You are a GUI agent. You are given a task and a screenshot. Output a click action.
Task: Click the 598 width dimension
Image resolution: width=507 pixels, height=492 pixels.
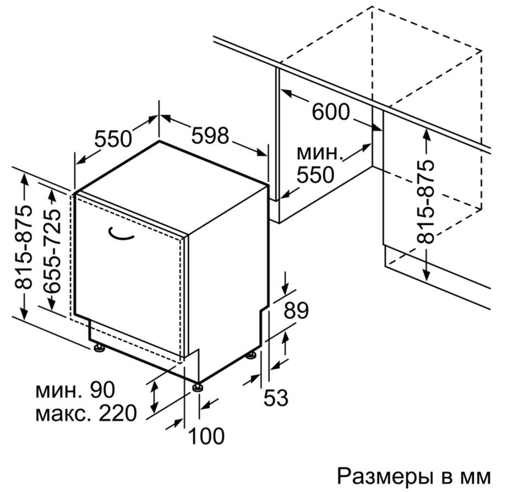tap(210, 135)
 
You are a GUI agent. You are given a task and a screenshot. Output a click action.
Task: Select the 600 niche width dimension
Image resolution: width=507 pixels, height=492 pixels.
tap(331, 111)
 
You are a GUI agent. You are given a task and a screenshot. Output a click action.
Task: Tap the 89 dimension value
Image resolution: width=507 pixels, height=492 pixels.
tap(296, 310)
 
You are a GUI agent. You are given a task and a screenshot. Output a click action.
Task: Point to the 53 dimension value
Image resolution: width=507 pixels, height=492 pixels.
tap(276, 397)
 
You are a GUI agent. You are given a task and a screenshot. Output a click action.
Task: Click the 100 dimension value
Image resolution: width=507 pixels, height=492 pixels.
tap(206, 436)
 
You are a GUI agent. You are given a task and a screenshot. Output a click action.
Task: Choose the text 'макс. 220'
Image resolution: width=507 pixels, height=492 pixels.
tap(86, 413)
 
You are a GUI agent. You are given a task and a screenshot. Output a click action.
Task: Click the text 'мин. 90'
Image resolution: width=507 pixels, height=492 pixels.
tap(75, 390)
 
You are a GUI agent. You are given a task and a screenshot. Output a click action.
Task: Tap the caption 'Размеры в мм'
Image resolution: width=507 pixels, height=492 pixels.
tap(413, 477)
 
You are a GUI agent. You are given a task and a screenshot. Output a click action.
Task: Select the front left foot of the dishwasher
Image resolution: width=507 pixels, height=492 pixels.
tap(99, 347)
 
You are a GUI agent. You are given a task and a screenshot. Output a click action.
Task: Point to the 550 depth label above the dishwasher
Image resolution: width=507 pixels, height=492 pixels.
tap(113, 138)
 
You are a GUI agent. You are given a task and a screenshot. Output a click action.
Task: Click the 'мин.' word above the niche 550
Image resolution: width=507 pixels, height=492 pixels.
tap(319, 153)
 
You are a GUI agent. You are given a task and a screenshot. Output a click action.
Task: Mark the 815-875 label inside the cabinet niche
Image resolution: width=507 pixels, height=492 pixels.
tap(425, 201)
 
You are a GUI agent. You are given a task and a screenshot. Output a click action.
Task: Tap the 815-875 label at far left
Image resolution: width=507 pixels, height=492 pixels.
tap(24, 247)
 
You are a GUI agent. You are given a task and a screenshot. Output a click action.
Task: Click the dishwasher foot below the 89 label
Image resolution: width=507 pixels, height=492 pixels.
tap(250, 356)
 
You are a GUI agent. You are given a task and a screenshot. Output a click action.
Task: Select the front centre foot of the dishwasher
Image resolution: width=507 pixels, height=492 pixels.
tap(197, 387)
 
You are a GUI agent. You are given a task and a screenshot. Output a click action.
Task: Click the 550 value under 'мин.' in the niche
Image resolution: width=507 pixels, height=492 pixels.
tap(315, 175)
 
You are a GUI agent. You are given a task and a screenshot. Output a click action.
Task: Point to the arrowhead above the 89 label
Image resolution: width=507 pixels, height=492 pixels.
tap(285, 289)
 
